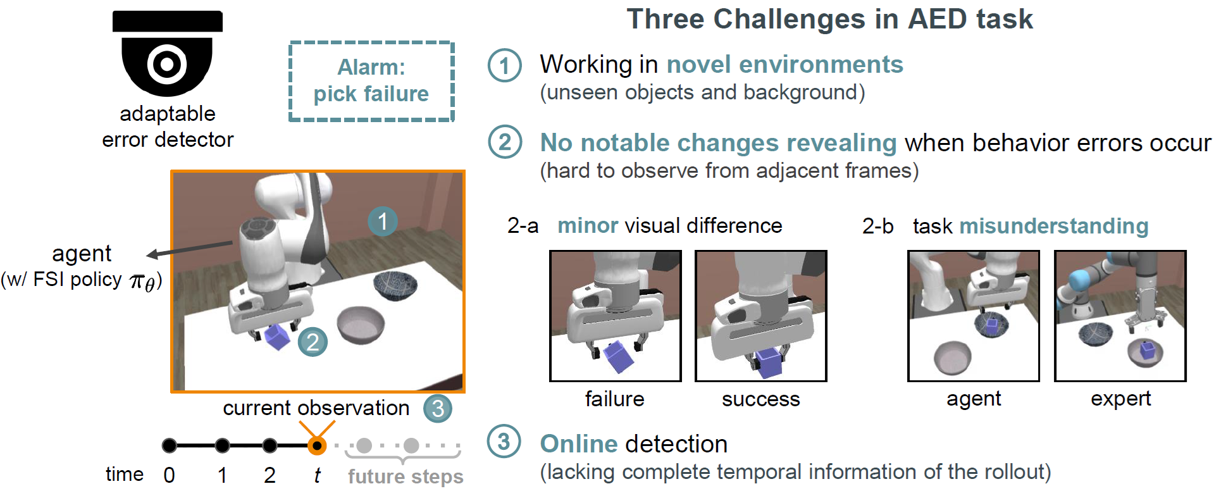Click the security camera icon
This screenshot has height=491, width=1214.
pyautogui.click(x=168, y=54)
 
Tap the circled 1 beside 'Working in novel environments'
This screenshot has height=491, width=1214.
pyautogui.click(x=504, y=65)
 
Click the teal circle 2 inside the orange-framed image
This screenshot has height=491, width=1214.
pyautogui.click(x=313, y=342)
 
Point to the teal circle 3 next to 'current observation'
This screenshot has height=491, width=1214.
pyautogui.click(x=438, y=409)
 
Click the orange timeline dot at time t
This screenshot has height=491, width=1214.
pyautogui.click(x=317, y=446)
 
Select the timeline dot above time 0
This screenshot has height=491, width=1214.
pyautogui.click(x=170, y=446)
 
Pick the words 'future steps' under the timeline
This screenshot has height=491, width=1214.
pyautogui.click(x=406, y=476)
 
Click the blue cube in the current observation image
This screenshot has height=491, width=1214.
pyautogui.click(x=277, y=336)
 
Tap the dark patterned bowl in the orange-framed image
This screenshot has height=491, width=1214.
pyautogui.click(x=395, y=285)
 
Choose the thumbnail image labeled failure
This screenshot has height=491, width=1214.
pyautogui.click(x=616, y=316)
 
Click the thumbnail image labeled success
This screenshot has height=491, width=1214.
pyautogui.click(x=761, y=316)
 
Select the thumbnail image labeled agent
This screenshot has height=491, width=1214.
pyautogui.click(x=974, y=316)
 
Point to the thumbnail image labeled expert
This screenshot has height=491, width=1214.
pyautogui.click(x=1120, y=316)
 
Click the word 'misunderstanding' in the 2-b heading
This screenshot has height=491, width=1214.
pyautogui.click(x=1054, y=227)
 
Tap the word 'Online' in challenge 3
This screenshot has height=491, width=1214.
pyautogui.click(x=579, y=444)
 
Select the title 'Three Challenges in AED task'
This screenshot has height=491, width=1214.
pyautogui.click(x=830, y=19)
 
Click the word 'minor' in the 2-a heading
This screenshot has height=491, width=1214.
pyautogui.click(x=588, y=226)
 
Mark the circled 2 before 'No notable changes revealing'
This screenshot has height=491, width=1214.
pyautogui.click(x=505, y=142)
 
